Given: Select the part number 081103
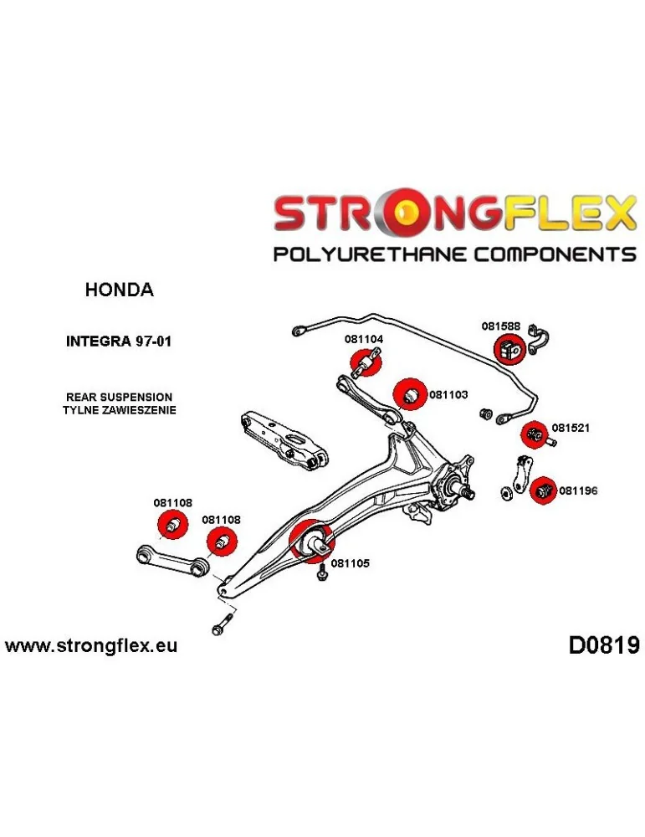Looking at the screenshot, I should click(x=448, y=392).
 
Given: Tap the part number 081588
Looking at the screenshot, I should click(x=500, y=327).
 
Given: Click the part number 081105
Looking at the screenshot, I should click(x=350, y=563).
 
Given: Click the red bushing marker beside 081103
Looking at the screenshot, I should click(x=410, y=393).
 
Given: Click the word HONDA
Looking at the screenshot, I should click(x=120, y=290).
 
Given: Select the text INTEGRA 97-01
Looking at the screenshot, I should click(x=120, y=341).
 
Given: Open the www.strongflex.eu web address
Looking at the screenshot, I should click(x=91, y=646).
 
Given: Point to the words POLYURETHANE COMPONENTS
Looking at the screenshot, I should click(x=455, y=254).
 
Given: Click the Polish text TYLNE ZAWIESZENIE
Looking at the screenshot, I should click(x=119, y=410).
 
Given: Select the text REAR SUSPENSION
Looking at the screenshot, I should click(x=120, y=397).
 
